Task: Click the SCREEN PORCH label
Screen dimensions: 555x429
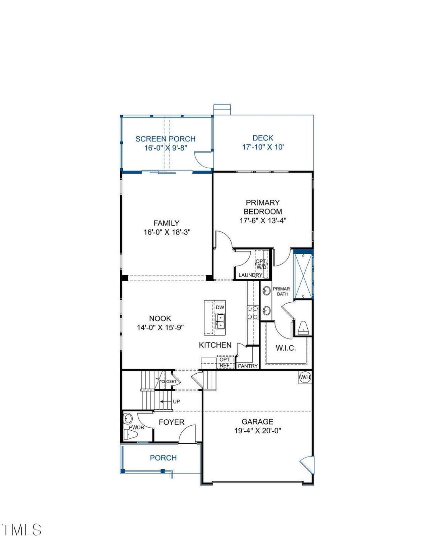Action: tap(165, 139)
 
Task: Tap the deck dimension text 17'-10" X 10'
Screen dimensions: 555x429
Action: tap(263, 147)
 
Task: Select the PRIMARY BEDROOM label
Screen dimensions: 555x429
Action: tap(263, 207)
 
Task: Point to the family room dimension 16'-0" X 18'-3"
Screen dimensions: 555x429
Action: tap(167, 232)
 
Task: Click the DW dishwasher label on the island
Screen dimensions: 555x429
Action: tap(220, 307)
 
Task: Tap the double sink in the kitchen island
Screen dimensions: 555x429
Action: tap(220, 321)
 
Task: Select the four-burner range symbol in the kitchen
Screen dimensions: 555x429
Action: tap(253, 312)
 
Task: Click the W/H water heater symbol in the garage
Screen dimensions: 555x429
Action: tap(305, 377)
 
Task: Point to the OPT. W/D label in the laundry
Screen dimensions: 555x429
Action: tap(261, 264)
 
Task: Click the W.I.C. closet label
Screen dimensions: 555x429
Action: tap(286, 348)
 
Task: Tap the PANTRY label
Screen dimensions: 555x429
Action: tap(248, 366)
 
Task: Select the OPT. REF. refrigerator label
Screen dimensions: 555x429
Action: tap(225, 362)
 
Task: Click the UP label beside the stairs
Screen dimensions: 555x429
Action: tap(176, 402)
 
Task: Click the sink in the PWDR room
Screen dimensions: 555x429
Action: tap(128, 418)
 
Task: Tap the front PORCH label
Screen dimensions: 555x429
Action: tap(163, 458)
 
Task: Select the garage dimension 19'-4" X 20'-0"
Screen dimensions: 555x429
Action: tap(257, 431)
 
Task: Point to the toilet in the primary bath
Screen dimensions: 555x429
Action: tap(303, 327)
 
